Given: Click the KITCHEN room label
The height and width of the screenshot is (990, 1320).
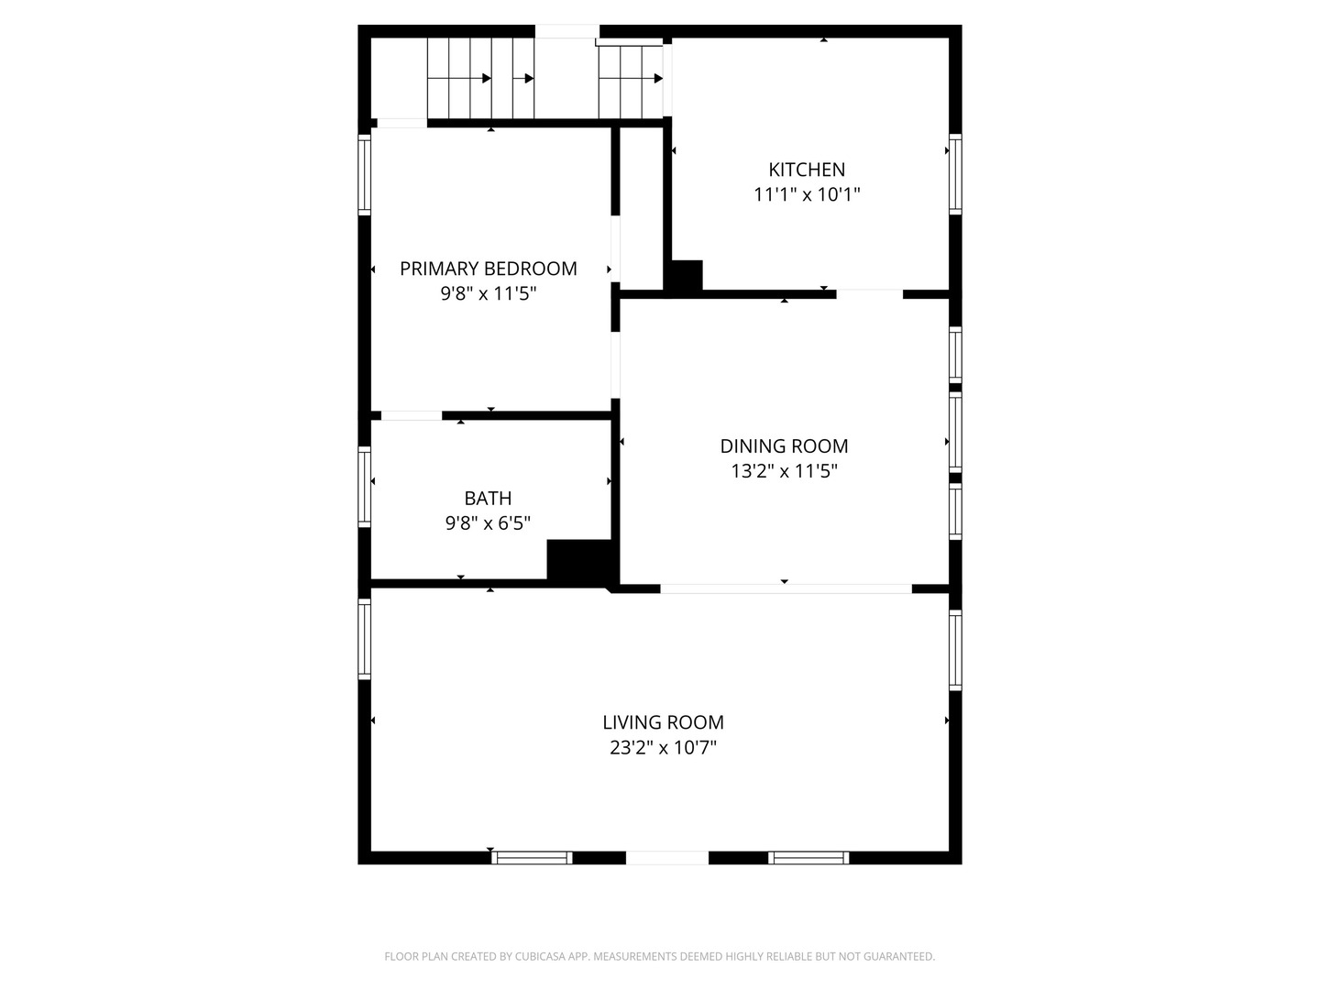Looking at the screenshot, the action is (807, 170).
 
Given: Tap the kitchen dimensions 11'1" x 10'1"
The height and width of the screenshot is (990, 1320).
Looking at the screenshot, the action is (807, 194).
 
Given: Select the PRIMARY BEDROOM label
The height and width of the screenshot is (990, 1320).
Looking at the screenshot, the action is (489, 269).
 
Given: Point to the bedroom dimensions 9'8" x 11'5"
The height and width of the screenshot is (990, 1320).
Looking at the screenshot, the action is (489, 293).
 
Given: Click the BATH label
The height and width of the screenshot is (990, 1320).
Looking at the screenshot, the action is (488, 499).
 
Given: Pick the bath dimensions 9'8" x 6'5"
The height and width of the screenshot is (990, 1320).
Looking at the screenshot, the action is (488, 522).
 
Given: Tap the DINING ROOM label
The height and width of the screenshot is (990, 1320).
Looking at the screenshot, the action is (784, 446).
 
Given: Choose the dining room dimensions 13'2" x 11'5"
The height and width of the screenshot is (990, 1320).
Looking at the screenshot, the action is (784, 470).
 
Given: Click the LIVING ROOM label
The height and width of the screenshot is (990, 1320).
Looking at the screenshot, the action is (664, 722).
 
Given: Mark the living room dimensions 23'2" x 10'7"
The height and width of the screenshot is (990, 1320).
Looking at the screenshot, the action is (664, 747).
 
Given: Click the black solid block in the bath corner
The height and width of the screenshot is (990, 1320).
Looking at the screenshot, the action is (581, 561).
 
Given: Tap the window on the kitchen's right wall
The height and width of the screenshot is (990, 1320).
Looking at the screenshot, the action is (955, 174).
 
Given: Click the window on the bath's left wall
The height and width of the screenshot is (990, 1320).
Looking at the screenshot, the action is (365, 487).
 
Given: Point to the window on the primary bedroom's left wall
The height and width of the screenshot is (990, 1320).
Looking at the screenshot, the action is (365, 175).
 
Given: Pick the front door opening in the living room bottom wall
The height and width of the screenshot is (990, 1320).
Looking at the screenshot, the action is (667, 858).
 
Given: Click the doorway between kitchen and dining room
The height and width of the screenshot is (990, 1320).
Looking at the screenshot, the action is (870, 294).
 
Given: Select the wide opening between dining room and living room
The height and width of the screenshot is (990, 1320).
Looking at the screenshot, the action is (786, 589).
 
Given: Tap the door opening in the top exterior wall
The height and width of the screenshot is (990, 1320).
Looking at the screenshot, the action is (567, 31).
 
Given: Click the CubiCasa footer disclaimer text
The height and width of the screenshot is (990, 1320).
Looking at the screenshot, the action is (660, 956).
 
